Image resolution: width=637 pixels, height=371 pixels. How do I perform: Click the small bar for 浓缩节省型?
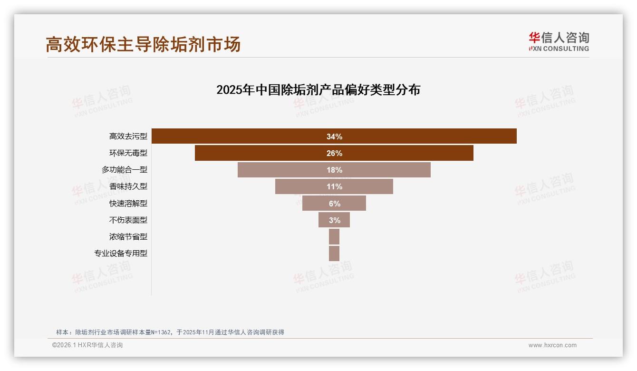(334, 237)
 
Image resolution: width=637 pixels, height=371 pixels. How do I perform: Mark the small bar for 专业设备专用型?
(334, 254)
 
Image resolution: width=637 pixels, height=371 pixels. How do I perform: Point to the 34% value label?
(334, 137)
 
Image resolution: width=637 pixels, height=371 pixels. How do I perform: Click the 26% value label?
(334, 153)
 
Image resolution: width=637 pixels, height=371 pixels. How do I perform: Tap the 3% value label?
(334, 220)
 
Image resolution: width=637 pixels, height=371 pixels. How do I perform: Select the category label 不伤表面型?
(128, 220)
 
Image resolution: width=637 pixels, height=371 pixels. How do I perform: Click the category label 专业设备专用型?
(121, 254)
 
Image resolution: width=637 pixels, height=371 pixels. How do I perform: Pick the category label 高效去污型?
(128, 137)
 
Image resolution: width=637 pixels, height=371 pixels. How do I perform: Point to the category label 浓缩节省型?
(128, 237)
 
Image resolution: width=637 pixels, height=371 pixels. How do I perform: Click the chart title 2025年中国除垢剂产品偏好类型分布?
(318, 90)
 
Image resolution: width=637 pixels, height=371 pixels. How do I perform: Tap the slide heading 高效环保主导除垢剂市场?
(143, 44)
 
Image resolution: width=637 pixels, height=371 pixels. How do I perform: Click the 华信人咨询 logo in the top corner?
(559, 41)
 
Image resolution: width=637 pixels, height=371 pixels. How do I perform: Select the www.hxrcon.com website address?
(552, 345)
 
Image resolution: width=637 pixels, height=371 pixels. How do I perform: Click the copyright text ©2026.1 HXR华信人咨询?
(87, 345)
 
